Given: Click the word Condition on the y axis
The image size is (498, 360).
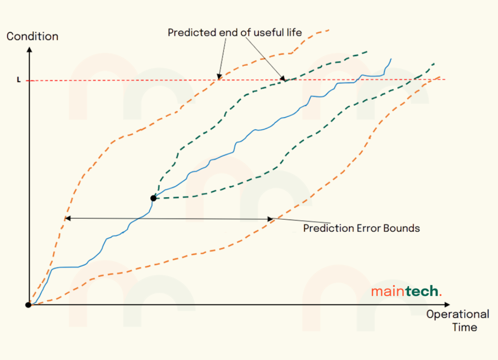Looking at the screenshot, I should click(32, 36).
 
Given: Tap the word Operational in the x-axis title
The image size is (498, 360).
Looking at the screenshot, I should click(457, 314).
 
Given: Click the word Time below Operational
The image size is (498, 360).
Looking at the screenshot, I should click(464, 327).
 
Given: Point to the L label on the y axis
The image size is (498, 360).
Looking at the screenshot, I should click(19, 80).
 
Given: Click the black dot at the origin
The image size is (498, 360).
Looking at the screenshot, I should click(29, 305).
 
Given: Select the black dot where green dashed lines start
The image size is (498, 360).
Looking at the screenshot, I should click(154, 198).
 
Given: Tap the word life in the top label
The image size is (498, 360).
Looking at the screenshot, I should click(294, 33).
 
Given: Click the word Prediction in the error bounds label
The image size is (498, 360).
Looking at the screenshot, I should click(328, 228).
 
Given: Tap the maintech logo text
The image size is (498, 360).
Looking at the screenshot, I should click(406, 292).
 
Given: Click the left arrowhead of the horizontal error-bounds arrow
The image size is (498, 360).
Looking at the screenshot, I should click(67, 218).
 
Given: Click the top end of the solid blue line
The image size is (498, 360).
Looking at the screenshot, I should click(391, 59).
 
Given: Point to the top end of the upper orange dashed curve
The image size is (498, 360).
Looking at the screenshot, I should click(329, 30).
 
